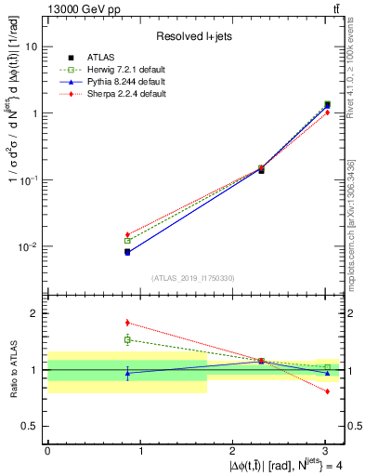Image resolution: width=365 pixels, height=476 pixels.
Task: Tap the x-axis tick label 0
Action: (47, 452)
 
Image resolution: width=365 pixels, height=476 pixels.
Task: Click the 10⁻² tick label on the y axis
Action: (28, 247)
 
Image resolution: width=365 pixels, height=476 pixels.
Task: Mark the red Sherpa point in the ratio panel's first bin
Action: (127, 323)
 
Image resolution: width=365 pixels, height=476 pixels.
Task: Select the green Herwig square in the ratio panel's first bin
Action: (127, 339)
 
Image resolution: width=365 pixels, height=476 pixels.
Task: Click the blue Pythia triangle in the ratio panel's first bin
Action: (127, 373)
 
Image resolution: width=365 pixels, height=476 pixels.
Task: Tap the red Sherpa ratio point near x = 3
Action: (327, 391)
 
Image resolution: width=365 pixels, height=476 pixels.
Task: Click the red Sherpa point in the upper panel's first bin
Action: (127, 234)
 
